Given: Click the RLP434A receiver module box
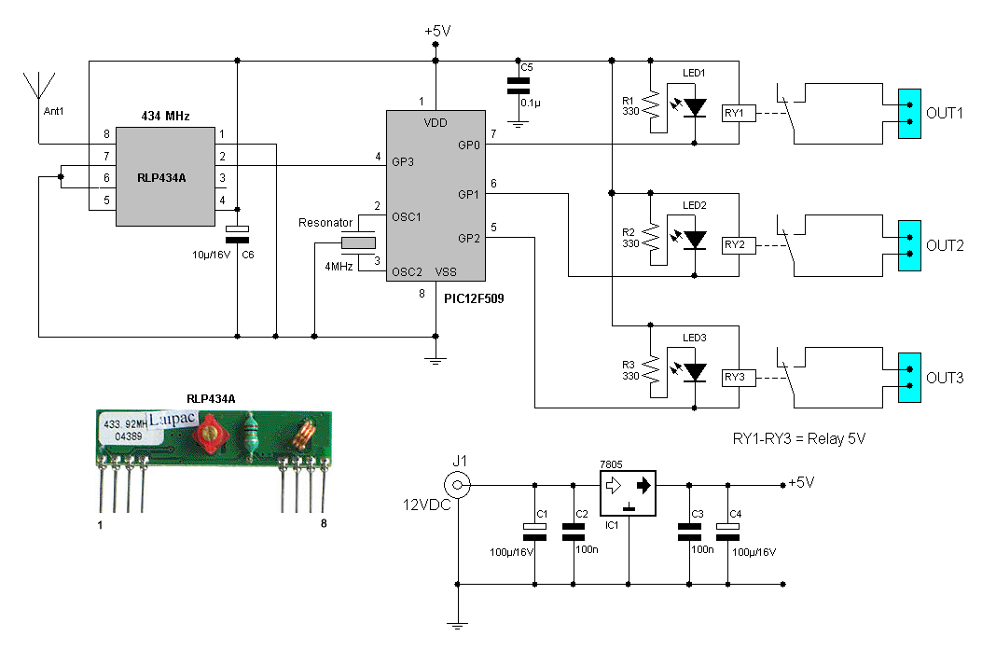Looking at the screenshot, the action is (x=165, y=176).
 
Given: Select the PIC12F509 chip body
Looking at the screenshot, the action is (x=436, y=196).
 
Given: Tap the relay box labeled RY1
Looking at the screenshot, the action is (x=739, y=114).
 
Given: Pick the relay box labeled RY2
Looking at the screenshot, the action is (x=739, y=245).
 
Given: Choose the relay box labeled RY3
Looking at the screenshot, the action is (x=739, y=378).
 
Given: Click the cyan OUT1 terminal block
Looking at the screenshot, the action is (x=909, y=114).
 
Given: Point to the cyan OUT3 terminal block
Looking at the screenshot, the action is (x=909, y=378).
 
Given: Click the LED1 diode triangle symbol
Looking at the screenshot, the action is (x=695, y=107).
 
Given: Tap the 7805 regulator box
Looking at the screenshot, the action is (x=629, y=493).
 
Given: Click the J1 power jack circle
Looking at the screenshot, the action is (x=457, y=485).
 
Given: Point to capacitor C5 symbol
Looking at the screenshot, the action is (x=518, y=86).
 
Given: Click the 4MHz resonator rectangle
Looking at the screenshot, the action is (x=358, y=243).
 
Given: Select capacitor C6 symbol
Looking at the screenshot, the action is (x=238, y=235).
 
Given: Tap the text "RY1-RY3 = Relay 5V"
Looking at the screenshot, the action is (x=799, y=439).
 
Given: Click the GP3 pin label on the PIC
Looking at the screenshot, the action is (x=403, y=162).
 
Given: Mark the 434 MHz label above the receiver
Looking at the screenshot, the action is (x=165, y=116).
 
